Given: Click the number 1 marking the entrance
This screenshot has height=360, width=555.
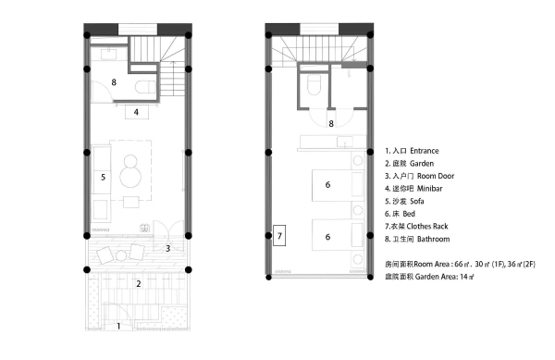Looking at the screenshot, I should pyautogui.click(x=117, y=327).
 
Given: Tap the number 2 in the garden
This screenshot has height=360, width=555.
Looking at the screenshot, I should pyautogui.click(x=139, y=284).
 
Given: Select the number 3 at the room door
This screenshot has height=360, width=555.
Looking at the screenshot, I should pyautogui.click(x=168, y=248).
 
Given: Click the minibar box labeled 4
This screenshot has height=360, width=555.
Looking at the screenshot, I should pyautogui.click(x=136, y=112).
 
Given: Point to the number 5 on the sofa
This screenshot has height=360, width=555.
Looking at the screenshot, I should pyautogui.click(x=104, y=176).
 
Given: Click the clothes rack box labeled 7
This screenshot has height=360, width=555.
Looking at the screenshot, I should pyautogui.click(x=280, y=236).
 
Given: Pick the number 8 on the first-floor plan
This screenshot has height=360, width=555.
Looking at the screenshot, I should pyautogui.click(x=114, y=82).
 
